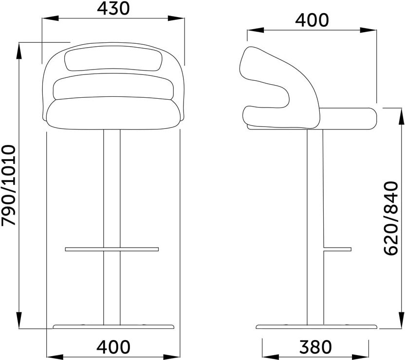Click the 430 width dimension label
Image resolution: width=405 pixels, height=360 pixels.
coord(113,9)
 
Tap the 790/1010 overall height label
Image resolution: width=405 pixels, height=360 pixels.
coord(9,185)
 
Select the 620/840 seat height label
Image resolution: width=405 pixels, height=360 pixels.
coord(391,218)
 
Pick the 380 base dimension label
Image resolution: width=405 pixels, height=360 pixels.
coord(315,347)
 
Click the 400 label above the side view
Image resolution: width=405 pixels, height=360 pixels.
coord(312,20)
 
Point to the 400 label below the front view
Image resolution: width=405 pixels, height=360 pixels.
coord(113,346)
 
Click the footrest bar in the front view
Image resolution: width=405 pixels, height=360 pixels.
coord(112,249)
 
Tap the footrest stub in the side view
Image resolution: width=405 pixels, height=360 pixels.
coord(337,249)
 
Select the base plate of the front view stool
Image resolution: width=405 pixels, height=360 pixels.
coord(113,327)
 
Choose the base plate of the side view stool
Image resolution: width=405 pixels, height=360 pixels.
coord(316,327)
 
